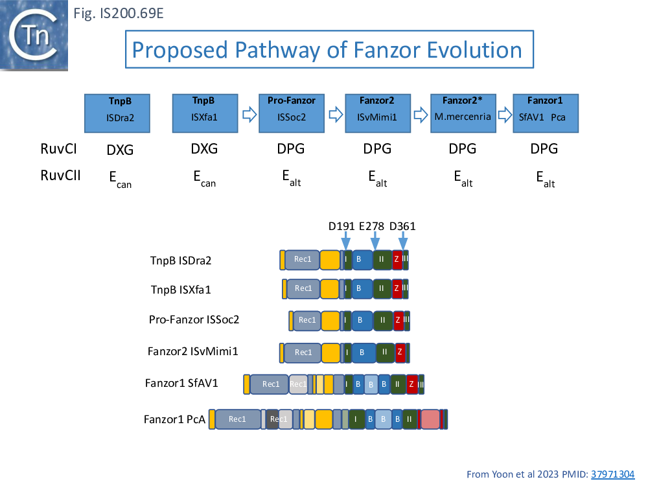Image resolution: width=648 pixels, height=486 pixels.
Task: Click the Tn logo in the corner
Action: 36,36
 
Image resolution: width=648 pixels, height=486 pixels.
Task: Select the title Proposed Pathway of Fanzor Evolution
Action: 328,49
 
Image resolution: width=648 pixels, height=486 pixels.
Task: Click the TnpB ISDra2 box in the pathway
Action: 117,113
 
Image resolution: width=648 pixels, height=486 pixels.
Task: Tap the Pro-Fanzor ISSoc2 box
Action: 292,113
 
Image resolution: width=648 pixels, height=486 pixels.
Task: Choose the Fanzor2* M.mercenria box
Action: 463,113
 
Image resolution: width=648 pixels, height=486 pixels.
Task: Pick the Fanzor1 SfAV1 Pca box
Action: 545,113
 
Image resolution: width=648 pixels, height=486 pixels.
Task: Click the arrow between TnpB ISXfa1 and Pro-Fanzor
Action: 249,115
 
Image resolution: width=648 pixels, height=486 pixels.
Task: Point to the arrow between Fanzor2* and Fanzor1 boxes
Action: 503,115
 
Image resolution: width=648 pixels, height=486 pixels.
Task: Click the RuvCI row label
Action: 59,150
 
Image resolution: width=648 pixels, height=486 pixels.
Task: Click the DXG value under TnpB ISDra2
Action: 120,150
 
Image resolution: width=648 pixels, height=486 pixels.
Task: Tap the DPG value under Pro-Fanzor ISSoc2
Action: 291,150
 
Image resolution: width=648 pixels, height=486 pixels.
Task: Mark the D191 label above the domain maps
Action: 341,227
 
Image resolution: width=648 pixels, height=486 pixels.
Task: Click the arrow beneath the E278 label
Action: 375,241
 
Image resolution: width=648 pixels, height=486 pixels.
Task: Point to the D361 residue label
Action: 402,227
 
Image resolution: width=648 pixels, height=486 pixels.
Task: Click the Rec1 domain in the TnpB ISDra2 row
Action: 303,260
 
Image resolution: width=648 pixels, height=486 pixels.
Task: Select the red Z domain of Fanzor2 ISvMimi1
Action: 400,352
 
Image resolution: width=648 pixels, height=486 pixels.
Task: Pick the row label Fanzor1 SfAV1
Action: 181,384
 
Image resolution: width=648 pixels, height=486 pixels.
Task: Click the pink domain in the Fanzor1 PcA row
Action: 430,419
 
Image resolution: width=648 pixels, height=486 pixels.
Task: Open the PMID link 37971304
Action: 613,474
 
